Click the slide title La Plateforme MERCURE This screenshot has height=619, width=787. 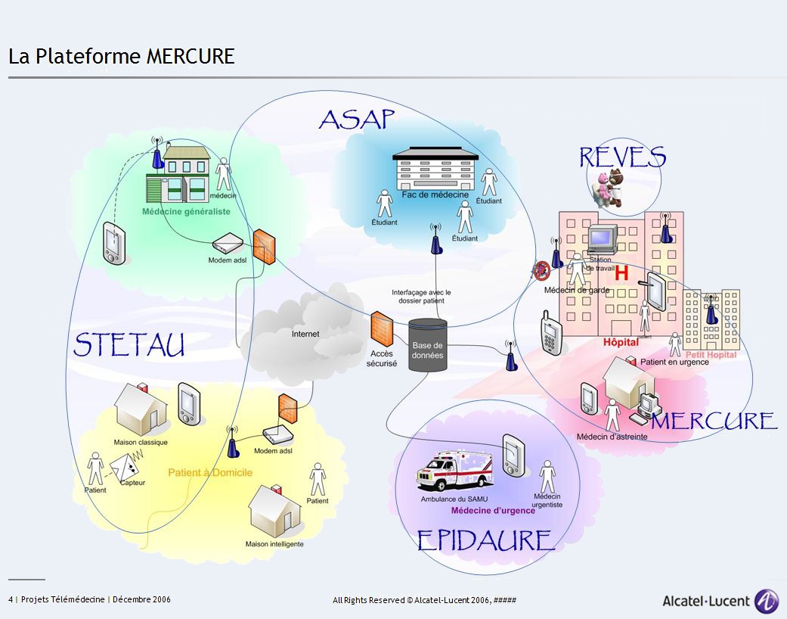122,57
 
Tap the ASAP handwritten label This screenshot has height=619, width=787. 358,119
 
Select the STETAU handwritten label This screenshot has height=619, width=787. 129,345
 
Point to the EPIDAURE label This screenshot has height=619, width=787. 485,540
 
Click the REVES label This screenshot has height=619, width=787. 622,157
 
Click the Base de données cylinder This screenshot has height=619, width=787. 428,345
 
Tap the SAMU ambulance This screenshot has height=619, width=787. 454,471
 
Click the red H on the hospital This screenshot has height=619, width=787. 621,273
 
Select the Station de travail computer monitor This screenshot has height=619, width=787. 603,239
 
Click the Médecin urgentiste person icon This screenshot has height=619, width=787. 547,477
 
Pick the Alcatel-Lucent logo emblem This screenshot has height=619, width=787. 767,601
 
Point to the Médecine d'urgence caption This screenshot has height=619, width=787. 493,511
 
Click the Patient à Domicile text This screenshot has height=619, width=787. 210,473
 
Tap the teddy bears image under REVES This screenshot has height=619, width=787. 611,187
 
